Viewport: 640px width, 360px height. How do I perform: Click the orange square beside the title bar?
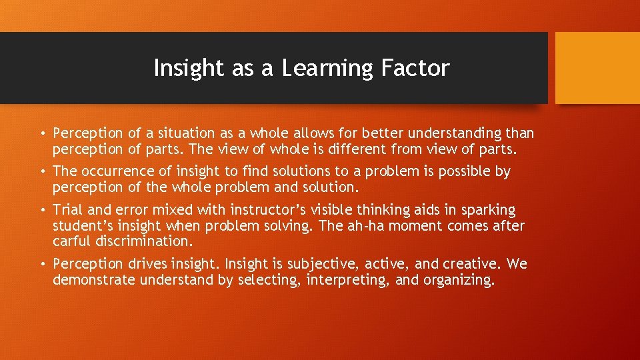click(597, 68)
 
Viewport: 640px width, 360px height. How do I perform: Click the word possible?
click(466, 171)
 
